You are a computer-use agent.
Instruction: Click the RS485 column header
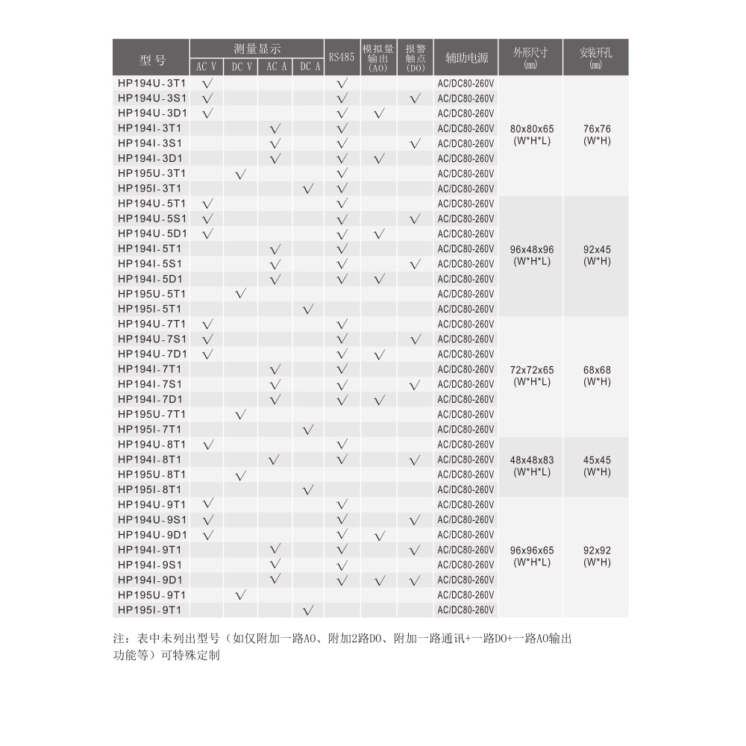pos(342,57)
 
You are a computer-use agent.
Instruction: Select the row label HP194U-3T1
pos(151,83)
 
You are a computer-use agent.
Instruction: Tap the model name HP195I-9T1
pos(151,609)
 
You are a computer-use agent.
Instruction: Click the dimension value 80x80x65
pos(532,128)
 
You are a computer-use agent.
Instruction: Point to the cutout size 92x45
pos(596,248)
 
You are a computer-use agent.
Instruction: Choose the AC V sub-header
pos(207,66)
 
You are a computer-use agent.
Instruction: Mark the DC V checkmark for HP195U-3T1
pos(241,174)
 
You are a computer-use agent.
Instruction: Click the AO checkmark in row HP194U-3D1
pos(379,113)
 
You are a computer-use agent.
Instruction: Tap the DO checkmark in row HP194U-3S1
pos(415,98)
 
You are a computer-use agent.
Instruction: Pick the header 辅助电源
pos(466,57)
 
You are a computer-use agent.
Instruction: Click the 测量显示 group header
pos(257,48)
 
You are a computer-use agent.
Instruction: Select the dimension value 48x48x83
pos(532,460)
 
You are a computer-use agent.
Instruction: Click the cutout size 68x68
pos(596,369)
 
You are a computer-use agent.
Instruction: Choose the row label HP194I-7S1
pos(151,383)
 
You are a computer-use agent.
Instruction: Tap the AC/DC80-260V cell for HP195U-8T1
pos(466,474)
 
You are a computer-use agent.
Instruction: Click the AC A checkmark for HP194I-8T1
pos(275,460)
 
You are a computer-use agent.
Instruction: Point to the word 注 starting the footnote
pos(118,639)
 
